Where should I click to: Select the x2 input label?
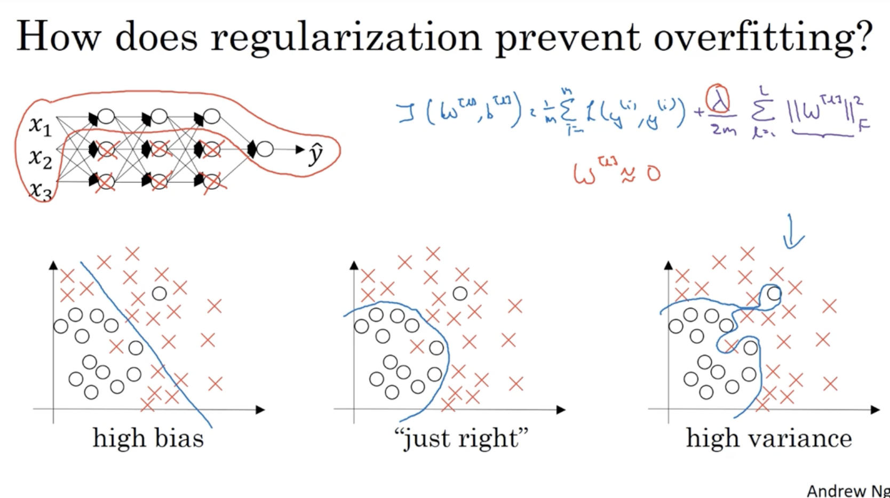[40, 158]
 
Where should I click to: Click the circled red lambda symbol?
[718, 100]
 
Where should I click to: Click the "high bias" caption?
[148, 438]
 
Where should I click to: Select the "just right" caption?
[460, 438]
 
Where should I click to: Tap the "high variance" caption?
[768, 438]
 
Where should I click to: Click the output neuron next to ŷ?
[265, 149]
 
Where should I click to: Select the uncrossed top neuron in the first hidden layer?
[106, 116]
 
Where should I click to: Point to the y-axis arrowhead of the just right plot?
[354, 265]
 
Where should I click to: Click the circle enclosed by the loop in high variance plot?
[774, 293]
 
